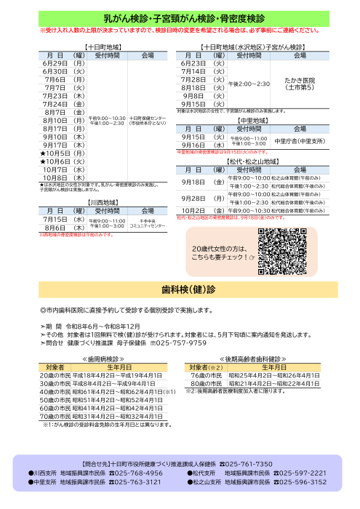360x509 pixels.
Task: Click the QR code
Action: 282,250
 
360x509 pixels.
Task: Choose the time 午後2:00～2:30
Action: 249,84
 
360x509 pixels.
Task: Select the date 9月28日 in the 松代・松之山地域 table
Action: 193,198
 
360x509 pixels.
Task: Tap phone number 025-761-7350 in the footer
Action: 247,464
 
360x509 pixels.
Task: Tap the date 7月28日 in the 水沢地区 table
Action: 193,79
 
